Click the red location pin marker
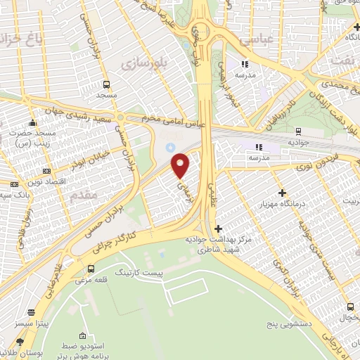181,166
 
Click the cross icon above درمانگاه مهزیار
283,193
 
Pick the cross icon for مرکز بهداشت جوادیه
218,229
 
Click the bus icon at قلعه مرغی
91,269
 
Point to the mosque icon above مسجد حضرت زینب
32,123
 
